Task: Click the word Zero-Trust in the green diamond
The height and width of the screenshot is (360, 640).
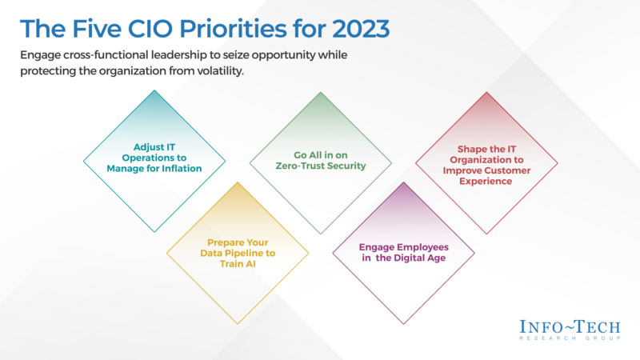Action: pos(299,166)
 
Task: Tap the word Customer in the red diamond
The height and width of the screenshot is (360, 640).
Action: pos(510,170)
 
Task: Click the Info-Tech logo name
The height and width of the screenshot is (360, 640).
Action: pos(568,328)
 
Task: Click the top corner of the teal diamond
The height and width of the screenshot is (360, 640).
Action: pos(154,90)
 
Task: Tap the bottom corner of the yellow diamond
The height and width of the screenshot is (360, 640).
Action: pos(238,325)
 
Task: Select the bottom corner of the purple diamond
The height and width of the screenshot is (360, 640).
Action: pos(404,325)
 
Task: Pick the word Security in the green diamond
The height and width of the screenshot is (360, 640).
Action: pos(345,166)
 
